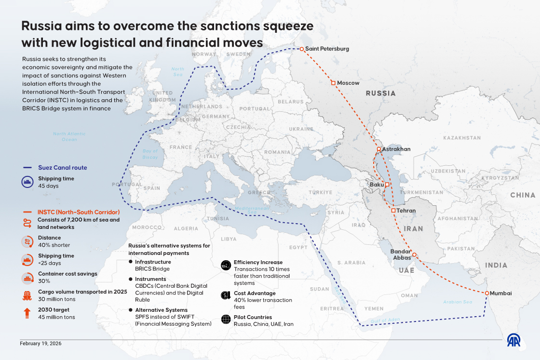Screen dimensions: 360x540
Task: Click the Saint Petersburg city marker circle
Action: tap(302, 49)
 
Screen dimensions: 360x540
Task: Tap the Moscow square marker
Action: tap(333, 83)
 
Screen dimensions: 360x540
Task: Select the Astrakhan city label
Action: tap(397, 149)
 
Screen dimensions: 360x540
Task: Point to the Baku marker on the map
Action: tap(387, 185)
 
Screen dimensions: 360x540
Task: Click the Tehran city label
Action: tap(406, 211)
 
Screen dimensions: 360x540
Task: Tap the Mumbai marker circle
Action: tap(487, 293)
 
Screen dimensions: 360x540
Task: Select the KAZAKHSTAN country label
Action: tap(461, 138)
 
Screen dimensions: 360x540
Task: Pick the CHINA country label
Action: tap(523, 195)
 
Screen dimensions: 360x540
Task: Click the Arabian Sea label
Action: tap(458, 302)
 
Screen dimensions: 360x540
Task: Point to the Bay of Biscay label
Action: tap(150, 154)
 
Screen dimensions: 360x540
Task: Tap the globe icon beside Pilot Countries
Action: tap(225, 320)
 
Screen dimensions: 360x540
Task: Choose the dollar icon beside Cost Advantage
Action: tap(225, 295)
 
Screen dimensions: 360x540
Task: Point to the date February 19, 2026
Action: tap(40, 344)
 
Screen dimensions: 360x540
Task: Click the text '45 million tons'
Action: tap(57, 317)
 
